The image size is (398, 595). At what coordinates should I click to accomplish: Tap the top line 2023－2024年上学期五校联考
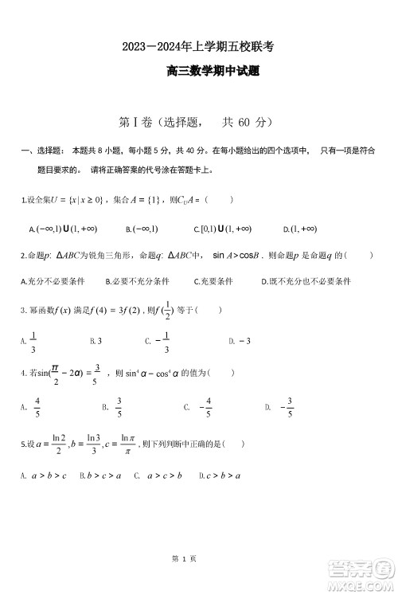click(199, 47)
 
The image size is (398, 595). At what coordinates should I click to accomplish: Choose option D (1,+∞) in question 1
click(299, 229)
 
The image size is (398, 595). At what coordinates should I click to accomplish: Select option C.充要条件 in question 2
click(213, 281)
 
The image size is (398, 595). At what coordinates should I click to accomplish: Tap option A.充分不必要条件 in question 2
click(54, 281)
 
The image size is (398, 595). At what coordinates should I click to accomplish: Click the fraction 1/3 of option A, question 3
click(33, 341)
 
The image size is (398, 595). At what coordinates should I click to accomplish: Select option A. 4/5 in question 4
click(33, 407)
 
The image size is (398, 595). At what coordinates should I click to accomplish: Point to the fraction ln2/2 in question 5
click(58, 444)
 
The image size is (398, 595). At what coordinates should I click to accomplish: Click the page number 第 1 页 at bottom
click(184, 560)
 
